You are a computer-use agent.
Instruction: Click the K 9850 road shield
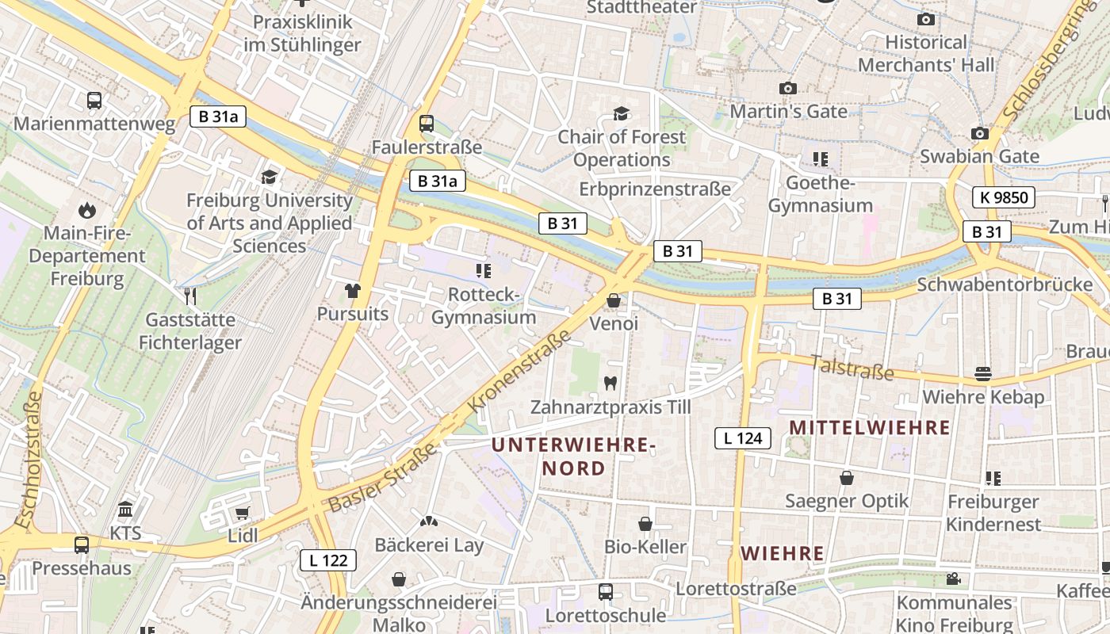point(1004,197)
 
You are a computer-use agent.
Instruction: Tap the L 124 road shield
point(743,437)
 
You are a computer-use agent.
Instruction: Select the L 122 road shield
point(328,560)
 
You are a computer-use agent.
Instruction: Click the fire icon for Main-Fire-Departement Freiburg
point(86,211)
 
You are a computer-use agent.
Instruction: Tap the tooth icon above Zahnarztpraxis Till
point(610,384)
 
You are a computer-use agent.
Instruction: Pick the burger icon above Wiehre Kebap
point(983,373)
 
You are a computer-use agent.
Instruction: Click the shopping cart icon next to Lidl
point(242,513)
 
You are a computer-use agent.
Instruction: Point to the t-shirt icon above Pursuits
point(353,291)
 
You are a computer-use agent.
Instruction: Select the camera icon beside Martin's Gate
point(787,88)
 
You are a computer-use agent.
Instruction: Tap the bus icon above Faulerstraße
point(427,124)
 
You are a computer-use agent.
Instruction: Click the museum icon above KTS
point(126,510)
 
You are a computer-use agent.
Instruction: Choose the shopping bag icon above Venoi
point(613,301)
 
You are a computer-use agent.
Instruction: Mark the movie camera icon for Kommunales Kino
point(953,579)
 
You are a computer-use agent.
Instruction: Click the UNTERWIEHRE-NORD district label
point(573,456)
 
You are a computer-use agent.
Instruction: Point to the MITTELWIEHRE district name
point(870,428)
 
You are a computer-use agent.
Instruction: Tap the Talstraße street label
point(852,367)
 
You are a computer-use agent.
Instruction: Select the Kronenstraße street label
point(520,370)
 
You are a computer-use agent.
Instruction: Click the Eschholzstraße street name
point(29,460)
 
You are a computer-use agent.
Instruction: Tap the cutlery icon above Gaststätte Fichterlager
point(190,296)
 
